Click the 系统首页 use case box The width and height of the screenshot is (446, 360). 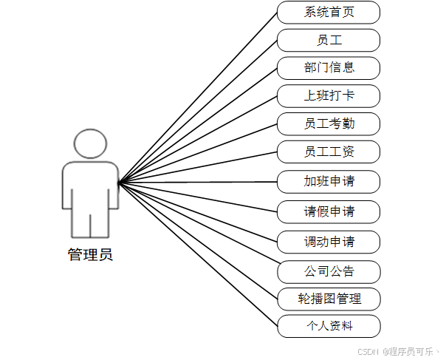pos(329,12)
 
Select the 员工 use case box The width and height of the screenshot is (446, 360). pos(329,40)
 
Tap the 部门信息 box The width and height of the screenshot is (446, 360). pos(329,68)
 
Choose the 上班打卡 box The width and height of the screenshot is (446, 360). pos(329,96)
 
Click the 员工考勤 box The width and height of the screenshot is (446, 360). pos(329,123)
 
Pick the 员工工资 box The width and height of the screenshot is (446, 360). pos(329,152)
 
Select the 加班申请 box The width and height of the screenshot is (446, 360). pos(329,181)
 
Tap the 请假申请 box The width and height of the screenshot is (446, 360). pos(329,211)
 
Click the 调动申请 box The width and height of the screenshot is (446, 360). pos(329,242)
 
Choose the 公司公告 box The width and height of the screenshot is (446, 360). pos(329,271)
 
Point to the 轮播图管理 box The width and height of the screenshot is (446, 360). pos(329,299)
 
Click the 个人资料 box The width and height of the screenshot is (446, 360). pos(329,326)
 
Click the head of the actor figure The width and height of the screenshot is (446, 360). pos(90,143)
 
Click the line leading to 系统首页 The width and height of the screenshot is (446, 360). pos(198,97)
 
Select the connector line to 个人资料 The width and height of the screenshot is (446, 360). pos(198,254)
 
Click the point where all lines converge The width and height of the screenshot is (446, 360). pos(120,181)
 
